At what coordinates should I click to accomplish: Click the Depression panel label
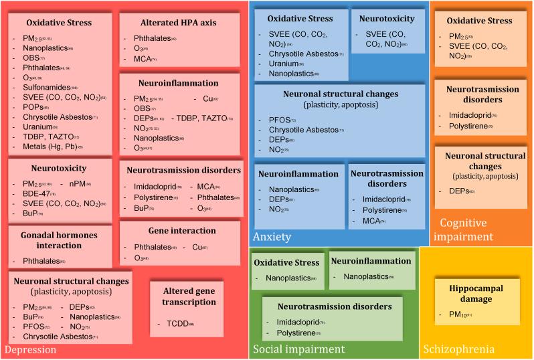31,349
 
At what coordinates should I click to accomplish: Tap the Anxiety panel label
272,237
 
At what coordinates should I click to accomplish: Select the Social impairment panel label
298,349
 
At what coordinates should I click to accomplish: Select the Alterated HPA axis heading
179,23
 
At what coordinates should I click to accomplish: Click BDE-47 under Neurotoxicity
34,193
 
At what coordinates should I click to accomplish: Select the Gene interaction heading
179,231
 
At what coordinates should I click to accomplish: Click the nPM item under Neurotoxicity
78,183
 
